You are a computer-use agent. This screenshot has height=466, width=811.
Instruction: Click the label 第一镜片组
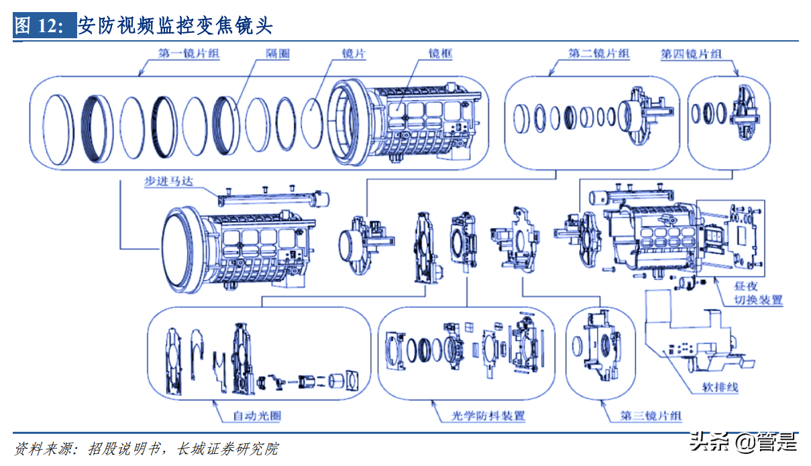pos(188,54)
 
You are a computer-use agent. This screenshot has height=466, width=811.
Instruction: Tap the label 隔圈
pos(278,54)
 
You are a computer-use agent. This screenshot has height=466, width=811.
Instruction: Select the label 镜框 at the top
pos(440,54)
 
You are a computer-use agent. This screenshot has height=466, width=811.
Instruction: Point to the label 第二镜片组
pos(599,54)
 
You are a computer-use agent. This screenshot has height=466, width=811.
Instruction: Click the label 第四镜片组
pos(691,54)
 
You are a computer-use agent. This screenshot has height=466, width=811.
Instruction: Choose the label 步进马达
pos(169,181)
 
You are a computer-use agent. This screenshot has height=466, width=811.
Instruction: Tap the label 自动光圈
pos(257,416)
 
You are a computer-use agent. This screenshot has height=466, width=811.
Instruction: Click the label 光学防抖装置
pos(488,416)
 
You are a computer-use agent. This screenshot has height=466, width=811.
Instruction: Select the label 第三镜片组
pos(651,416)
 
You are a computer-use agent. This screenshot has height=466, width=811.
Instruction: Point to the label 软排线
pos(720,388)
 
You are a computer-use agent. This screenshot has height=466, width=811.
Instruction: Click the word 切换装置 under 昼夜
pos(758,300)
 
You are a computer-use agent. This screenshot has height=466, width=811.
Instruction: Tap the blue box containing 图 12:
pos(44,25)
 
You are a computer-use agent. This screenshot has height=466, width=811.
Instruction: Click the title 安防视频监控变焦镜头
pos(175,25)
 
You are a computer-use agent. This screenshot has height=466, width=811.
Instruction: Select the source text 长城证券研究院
pos(227,449)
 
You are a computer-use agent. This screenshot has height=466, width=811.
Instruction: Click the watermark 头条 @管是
pos(743,442)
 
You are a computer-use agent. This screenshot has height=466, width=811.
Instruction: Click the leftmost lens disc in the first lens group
pos(58,130)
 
